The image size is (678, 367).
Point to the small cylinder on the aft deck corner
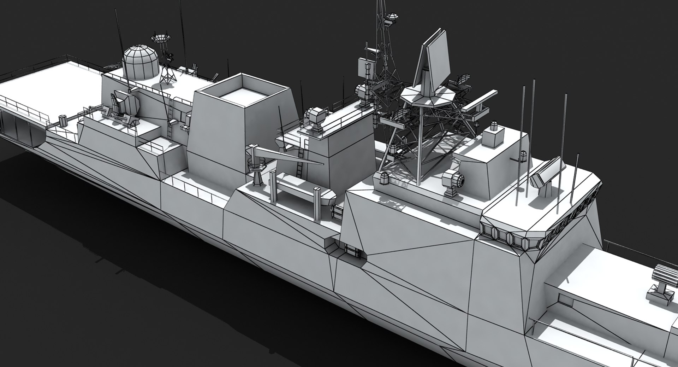[63, 120]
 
